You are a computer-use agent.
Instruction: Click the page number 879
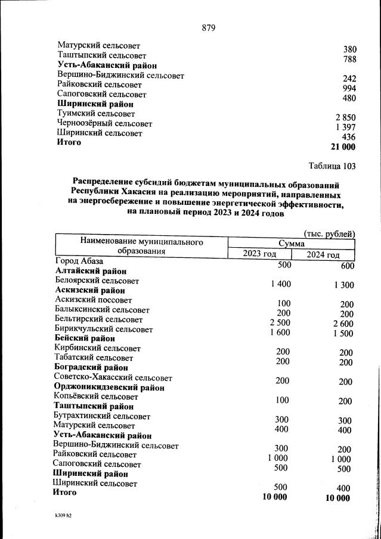[x=208, y=28]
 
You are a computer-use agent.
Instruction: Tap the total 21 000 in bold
[x=342, y=147]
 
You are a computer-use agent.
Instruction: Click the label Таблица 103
[x=332, y=166]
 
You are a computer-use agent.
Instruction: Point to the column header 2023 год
[x=259, y=255]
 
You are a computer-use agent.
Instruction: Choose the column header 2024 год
[x=323, y=256]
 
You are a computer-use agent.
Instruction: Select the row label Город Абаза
[x=79, y=261]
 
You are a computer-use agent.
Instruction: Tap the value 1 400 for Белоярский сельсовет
[x=280, y=284]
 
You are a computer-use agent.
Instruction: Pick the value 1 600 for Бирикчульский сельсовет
[x=280, y=332]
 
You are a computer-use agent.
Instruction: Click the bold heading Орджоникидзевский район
[x=109, y=387]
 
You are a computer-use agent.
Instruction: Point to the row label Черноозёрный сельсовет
[x=104, y=124]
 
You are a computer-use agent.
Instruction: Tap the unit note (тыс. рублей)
[x=329, y=233]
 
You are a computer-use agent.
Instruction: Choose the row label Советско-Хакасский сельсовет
[x=113, y=378]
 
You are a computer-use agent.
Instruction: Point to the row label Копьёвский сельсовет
[x=95, y=397]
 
